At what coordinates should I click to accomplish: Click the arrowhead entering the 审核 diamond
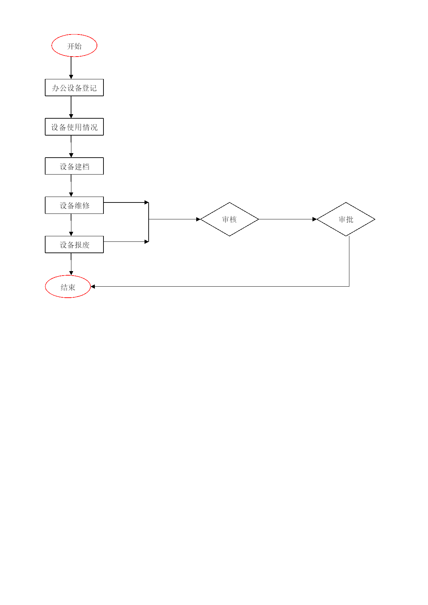[198, 219]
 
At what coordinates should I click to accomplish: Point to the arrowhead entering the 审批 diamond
[315, 219]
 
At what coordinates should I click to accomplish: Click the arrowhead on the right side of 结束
[93, 287]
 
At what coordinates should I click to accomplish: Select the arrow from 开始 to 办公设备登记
[71, 68]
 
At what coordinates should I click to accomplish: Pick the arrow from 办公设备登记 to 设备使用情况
[71, 107]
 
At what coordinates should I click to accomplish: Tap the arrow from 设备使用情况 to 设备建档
[71, 147]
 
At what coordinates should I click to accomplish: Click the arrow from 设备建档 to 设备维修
[71, 186]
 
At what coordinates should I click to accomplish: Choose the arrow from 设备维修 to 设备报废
[71, 225]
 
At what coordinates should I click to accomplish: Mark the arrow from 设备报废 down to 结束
[71, 264]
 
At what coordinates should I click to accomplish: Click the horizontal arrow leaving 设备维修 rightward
[126, 202]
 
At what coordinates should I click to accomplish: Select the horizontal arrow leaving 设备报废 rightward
[126, 242]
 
